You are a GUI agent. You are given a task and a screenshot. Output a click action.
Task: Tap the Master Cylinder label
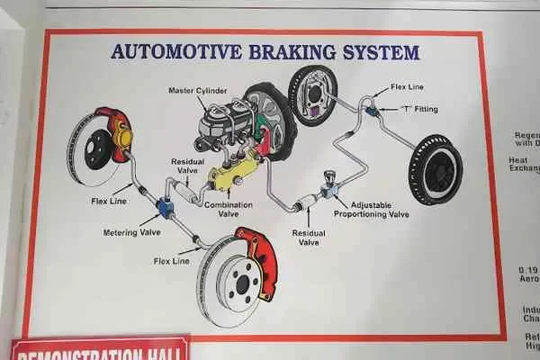pos(198,91)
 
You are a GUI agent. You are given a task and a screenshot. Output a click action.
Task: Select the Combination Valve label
pos(228,209)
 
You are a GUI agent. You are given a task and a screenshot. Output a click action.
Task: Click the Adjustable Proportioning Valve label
pos(371,210)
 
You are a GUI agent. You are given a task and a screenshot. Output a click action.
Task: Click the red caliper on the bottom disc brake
pos(256,261)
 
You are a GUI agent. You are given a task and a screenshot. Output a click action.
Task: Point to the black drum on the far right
pos(436,169)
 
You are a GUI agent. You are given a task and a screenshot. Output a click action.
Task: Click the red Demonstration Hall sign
pos(99,349)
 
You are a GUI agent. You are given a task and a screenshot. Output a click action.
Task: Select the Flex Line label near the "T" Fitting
pos(408,88)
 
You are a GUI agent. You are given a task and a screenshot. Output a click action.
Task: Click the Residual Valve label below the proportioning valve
pos(309,237)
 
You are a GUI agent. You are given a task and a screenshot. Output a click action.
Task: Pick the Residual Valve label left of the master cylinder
pos(188,166)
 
